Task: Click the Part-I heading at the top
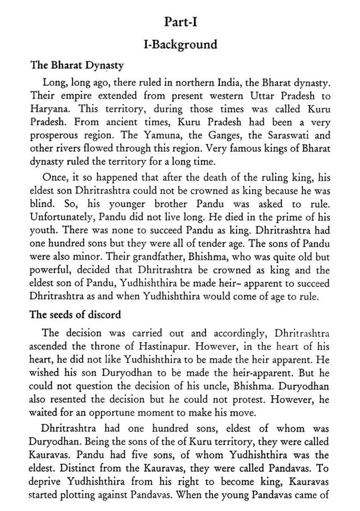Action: click(x=180, y=22)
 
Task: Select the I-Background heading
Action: click(x=180, y=45)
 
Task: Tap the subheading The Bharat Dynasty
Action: click(x=77, y=65)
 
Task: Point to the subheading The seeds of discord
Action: click(x=75, y=315)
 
